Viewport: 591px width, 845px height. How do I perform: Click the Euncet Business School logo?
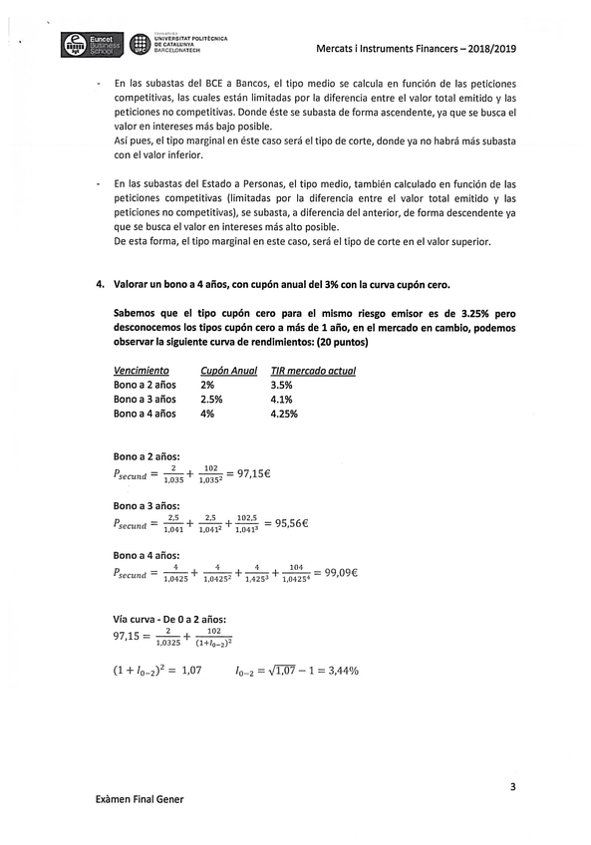(x=91, y=44)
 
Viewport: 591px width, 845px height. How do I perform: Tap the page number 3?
(x=512, y=787)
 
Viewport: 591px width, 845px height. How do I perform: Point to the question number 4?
(x=101, y=284)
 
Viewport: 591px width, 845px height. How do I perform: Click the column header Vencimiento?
(x=141, y=370)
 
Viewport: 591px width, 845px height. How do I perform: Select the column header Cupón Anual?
(x=228, y=370)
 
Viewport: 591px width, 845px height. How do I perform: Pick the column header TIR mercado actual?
(x=313, y=370)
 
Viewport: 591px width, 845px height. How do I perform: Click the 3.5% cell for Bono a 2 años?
(x=281, y=385)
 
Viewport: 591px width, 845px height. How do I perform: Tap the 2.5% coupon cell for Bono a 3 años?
(x=212, y=399)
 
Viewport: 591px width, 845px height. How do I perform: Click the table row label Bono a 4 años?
(x=145, y=414)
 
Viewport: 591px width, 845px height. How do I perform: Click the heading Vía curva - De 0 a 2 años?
(x=170, y=619)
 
